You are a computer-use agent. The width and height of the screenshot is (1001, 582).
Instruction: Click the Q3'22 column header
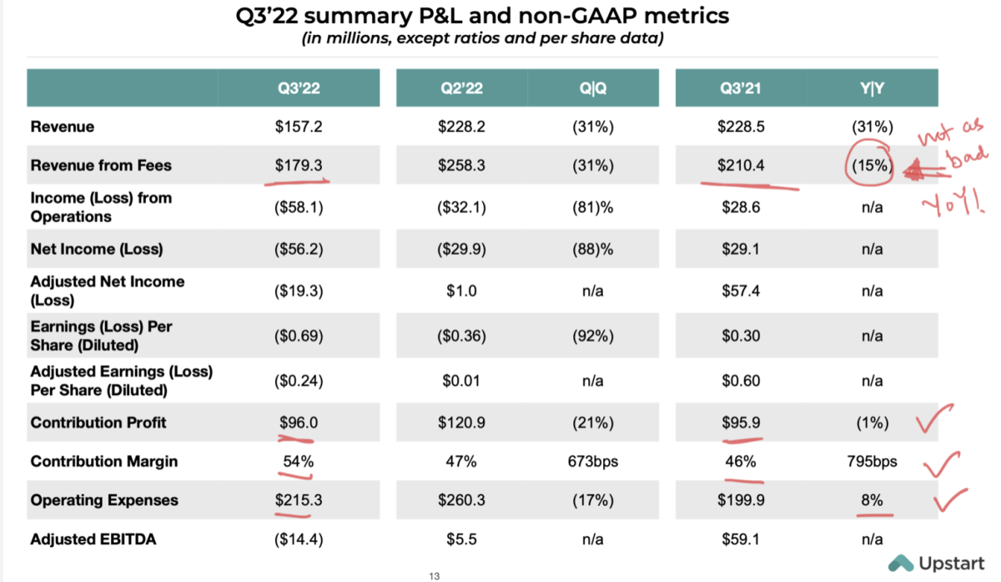point(299,87)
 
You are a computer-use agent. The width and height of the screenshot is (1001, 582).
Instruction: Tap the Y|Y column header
point(872,87)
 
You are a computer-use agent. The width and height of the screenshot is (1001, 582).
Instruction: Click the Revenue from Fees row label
point(101,165)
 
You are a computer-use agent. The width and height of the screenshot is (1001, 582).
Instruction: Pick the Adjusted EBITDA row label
point(93,539)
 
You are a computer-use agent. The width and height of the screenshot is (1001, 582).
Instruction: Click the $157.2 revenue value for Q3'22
point(299,127)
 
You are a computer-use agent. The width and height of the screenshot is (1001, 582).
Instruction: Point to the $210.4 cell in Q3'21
point(741,165)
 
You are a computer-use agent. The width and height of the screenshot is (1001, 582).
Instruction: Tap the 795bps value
point(872,462)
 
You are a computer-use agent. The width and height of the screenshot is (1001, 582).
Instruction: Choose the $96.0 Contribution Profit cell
point(299,423)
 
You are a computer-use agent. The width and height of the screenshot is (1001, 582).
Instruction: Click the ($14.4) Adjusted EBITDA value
point(299,539)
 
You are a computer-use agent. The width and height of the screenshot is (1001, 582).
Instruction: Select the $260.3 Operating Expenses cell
point(459,500)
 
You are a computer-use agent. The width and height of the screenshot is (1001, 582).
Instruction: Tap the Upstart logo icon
point(900,563)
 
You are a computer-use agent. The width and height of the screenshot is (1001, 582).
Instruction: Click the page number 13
point(433,576)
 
